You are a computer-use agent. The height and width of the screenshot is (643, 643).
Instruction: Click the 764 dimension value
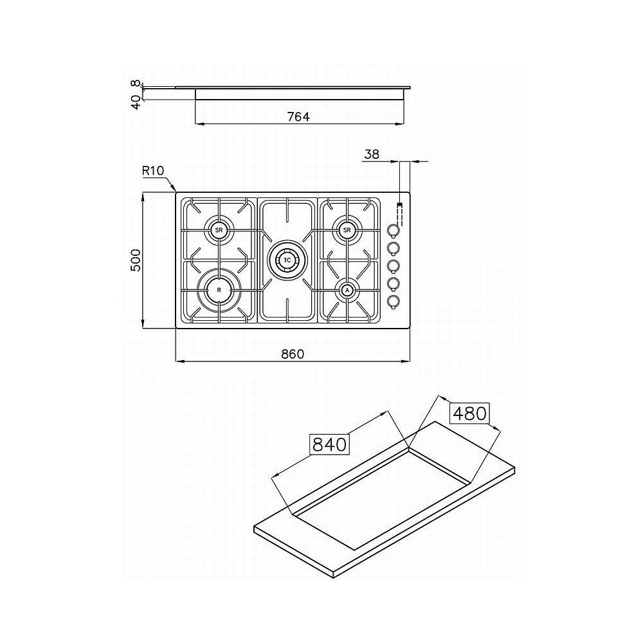click(x=298, y=117)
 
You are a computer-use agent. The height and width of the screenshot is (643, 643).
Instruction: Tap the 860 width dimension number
click(x=293, y=354)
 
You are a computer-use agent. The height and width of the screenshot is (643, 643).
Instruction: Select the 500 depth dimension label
click(x=135, y=260)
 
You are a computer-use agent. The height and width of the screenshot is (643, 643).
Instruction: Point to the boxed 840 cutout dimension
click(x=329, y=444)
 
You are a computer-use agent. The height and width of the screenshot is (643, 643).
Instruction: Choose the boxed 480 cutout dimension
click(x=469, y=413)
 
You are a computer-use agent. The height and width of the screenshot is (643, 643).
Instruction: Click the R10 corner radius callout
click(x=153, y=170)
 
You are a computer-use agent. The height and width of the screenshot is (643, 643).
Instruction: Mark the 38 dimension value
click(x=372, y=154)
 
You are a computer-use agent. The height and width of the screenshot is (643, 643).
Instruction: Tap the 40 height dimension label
click(x=136, y=102)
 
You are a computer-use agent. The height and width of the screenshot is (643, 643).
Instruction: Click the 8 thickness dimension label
click(x=136, y=84)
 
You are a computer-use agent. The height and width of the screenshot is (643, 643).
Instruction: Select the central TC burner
click(x=287, y=260)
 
